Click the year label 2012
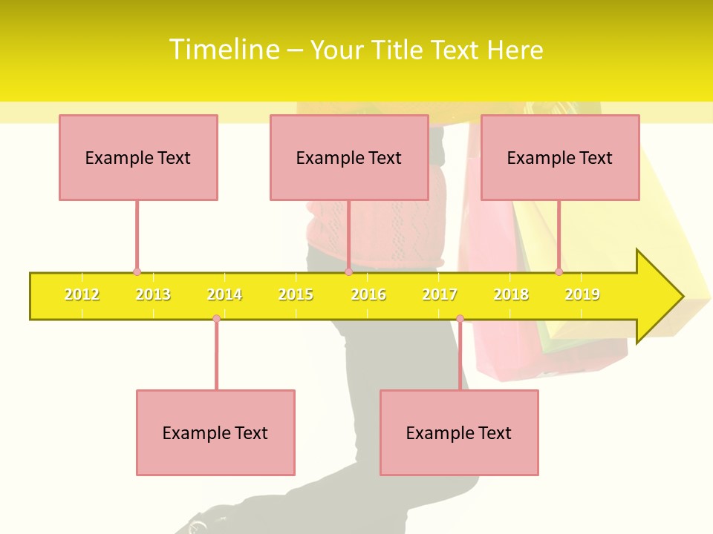(x=82, y=294)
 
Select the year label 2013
(x=153, y=294)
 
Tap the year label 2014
(x=224, y=294)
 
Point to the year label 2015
(x=296, y=294)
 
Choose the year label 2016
(x=368, y=294)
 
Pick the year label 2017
(x=440, y=294)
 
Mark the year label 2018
(x=511, y=294)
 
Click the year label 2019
(x=582, y=294)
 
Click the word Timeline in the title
(x=224, y=50)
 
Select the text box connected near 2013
(x=138, y=157)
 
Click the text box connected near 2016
(x=349, y=157)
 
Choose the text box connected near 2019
(x=560, y=157)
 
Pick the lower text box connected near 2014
(x=215, y=432)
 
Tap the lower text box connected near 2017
(x=459, y=432)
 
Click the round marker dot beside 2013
(x=137, y=272)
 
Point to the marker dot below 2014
(x=216, y=319)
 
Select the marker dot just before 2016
(x=348, y=272)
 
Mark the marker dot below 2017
(x=460, y=319)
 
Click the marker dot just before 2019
(x=559, y=272)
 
